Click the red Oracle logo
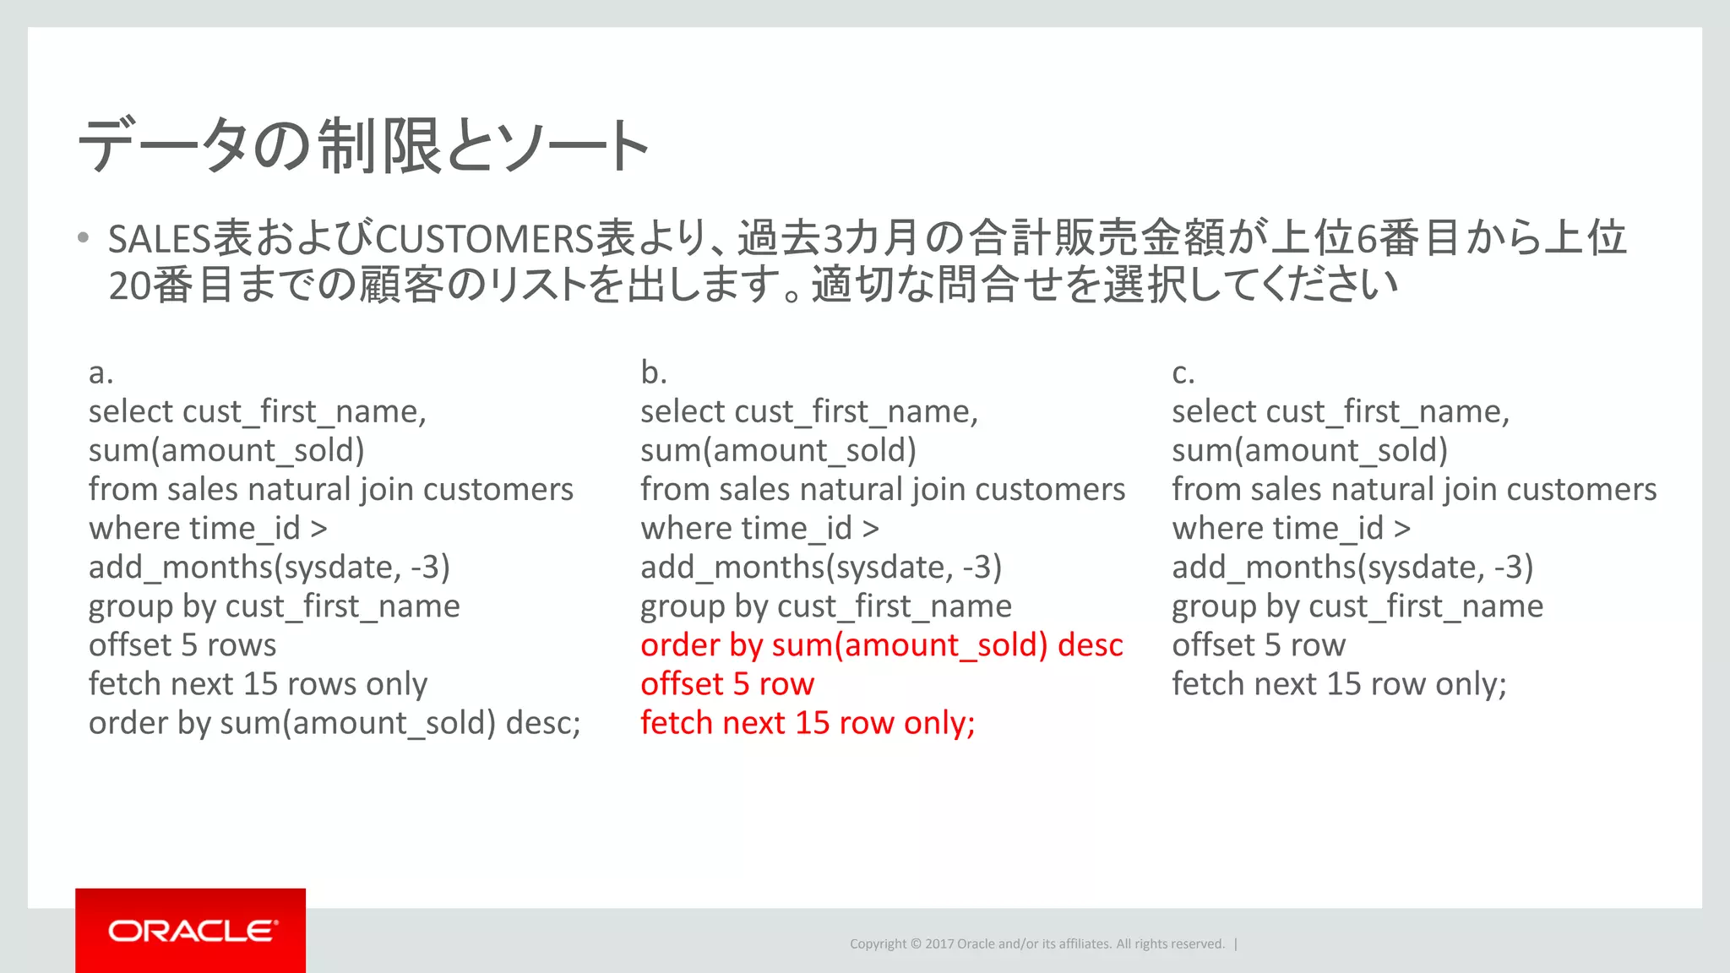point(190,930)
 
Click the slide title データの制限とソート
point(363,146)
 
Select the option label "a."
point(101,372)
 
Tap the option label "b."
point(653,372)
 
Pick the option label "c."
point(1183,372)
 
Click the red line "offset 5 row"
point(726,684)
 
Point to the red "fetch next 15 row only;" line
point(807,723)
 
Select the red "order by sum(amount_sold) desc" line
point(881,645)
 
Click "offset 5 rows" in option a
point(182,645)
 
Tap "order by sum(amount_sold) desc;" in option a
point(335,723)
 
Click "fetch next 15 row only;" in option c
point(1339,684)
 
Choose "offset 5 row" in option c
point(1258,645)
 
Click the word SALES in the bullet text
point(159,239)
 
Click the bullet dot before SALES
point(83,238)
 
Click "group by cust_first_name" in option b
point(825,606)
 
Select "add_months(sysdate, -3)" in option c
point(1352,568)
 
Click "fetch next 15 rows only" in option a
point(258,684)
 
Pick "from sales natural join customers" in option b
point(882,490)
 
